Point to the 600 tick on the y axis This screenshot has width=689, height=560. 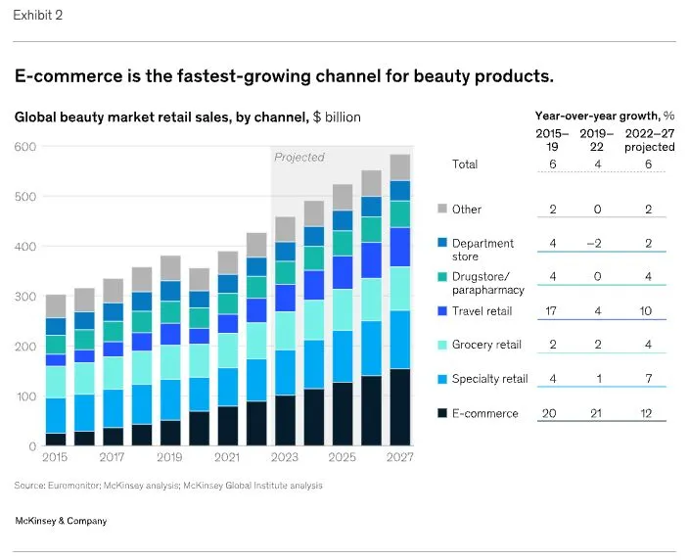[x=24, y=147]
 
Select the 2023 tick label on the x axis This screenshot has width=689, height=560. [x=286, y=457]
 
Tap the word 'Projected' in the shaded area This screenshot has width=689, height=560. [x=299, y=157]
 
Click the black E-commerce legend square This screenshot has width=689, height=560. [x=442, y=413]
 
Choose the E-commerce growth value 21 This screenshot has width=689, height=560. [x=597, y=413]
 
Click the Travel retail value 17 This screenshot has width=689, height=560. [x=553, y=311]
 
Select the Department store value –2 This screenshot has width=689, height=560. [x=597, y=243]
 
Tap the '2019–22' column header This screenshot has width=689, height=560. [x=597, y=140]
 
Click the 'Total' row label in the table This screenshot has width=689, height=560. [x=465, y=164]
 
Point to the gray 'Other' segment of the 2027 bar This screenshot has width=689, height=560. [x=399, y=167]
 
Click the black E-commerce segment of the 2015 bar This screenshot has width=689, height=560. [x=56, y=439]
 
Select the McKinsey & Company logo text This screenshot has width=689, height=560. [x=62, y=521]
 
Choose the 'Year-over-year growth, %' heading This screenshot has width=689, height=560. [x=604, y=116]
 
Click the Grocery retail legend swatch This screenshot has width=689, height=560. [x=442, y=345]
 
